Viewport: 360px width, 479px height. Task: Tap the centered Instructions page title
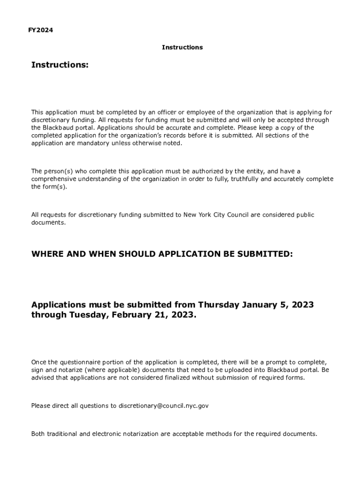coord(182,47)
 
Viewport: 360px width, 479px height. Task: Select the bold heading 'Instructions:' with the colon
coord(60,65)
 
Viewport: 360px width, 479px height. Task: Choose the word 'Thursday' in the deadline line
coord(218,305)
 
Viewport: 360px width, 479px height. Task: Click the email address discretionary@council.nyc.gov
coord(163,406)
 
